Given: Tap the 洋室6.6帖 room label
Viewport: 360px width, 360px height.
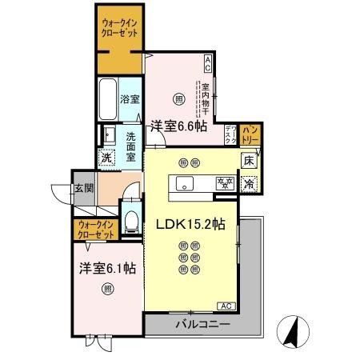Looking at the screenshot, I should click(x=178, y=125).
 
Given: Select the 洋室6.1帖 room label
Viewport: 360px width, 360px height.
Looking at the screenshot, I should click(x=106, y=269).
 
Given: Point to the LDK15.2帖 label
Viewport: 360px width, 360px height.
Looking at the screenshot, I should click(x=190, y=224).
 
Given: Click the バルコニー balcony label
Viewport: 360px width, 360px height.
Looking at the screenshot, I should click(x=203, y=325).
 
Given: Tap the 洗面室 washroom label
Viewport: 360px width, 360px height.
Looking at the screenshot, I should click(x=130, y=146).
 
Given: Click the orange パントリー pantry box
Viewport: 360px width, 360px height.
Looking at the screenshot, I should click(x=250, y=134).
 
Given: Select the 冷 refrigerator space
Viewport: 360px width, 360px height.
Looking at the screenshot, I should click(x=249, y=182).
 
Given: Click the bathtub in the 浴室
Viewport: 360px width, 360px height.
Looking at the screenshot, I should click(x=108, y=99).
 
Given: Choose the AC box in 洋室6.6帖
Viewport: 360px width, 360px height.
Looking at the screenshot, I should click(x=207, y=60).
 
